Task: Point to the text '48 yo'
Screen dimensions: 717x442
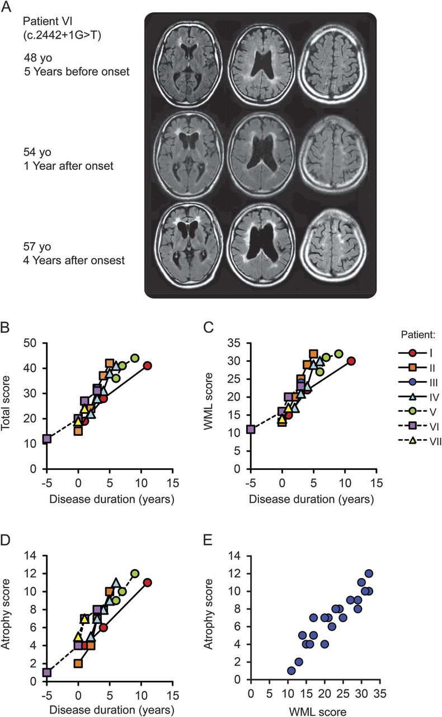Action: coord(36,58)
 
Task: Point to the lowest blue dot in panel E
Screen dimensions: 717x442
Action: coord(291,671)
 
